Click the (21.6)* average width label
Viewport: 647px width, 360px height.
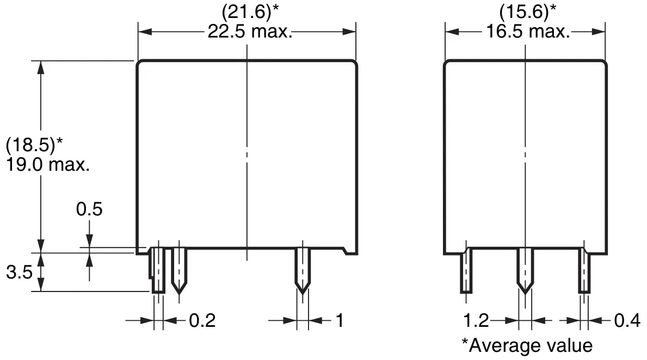[247, 11]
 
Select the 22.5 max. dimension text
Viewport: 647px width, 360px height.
[250, 32]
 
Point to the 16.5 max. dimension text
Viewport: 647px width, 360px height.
[527, 32]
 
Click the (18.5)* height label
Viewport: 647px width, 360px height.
[34, 145]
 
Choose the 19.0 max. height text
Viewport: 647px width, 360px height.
[47, 165]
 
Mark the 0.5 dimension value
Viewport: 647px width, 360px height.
[89, 209]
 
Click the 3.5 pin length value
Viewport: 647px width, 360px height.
[19, 272]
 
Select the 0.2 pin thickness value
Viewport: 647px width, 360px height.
[202, 321]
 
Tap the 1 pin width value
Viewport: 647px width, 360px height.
[340, 321]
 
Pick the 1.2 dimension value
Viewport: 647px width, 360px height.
[477, 321]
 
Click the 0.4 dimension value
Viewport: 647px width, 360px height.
[627, 321]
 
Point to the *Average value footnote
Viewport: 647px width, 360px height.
[527, 345]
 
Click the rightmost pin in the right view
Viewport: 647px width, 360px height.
[584, 271]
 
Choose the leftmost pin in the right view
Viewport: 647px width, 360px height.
[466, 271]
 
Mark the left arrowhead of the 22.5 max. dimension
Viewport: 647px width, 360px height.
[144, 32]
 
